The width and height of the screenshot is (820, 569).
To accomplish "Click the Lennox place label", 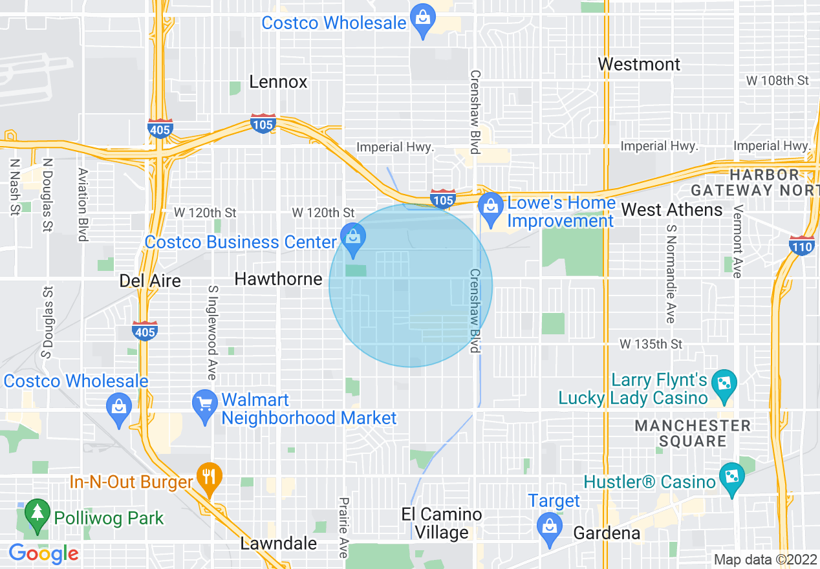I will [x=279, y=82].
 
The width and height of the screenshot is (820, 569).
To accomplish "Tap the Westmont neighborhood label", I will [x=639, y=65].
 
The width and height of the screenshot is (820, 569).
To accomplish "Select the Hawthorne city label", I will [x=278, y=279].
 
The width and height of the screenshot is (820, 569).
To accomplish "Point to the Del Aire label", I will [x=150, y=281].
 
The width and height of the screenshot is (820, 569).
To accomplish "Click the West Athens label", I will [x=672, y=209].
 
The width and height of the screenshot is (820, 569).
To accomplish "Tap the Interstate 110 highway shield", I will [x=801, y=245].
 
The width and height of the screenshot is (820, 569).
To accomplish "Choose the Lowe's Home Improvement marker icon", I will [x=491, y=208].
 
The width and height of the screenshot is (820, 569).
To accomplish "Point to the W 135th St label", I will [x=651, y=344].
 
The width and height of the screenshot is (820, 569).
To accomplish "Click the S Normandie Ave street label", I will [x=671, y=274].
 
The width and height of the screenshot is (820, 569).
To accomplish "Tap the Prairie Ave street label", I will [x=343, y=527].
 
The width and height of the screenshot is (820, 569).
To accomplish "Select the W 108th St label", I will [x=777, y=81].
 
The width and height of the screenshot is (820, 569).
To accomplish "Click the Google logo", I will [x=44, y=553].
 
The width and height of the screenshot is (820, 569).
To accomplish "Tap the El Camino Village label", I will [x=442, y=524].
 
